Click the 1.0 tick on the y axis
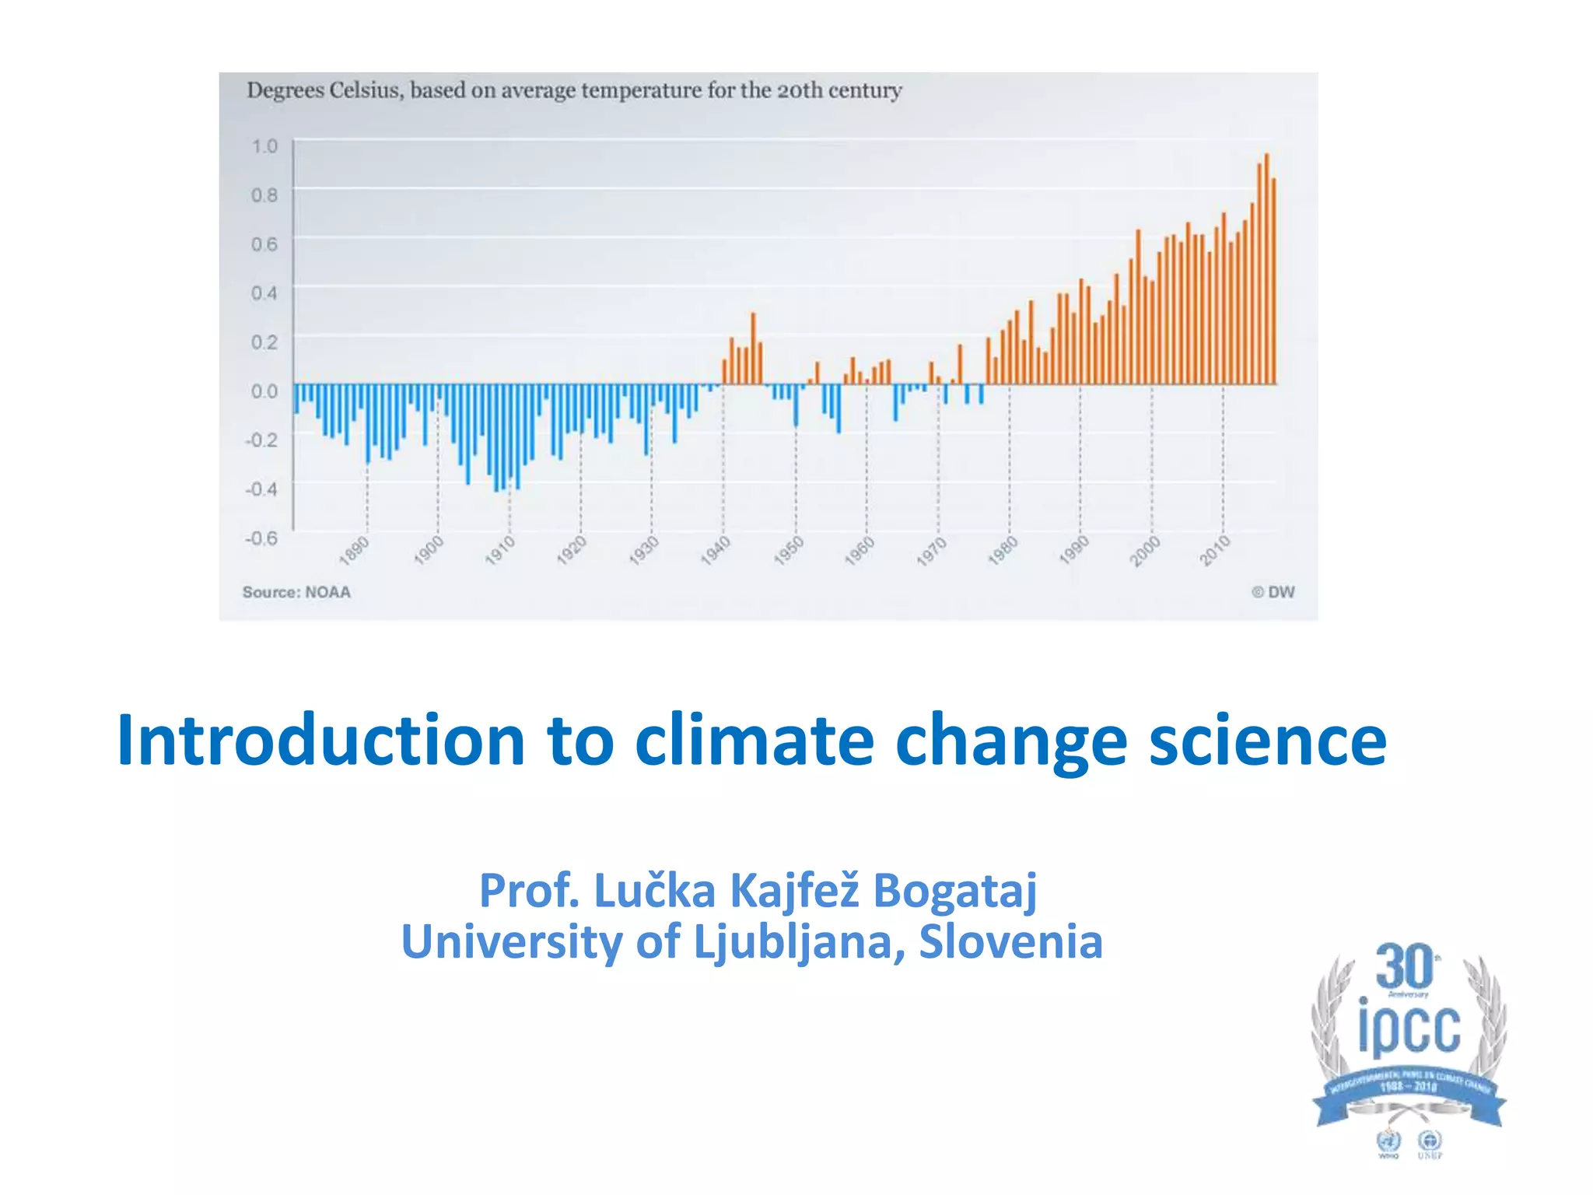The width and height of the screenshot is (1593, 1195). (x=264, y=146)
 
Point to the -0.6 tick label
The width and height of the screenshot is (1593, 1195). (x=261, y=538)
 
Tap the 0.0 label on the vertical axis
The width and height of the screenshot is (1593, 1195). (x=264, y=391)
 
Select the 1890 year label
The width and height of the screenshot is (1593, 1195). (x=355, y=549)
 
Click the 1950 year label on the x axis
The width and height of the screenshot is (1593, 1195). (x=788, y=550)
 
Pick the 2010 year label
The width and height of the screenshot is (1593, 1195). (x=1215, y=550)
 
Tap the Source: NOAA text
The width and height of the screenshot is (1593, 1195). (x=296, y=592)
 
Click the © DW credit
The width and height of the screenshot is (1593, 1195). (x=1273, y=592)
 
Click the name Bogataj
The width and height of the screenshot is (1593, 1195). (x=955, y=891)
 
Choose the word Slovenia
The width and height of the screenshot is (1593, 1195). (x=1010, y=942)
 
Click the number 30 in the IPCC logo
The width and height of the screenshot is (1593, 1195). (x=1404, y=967)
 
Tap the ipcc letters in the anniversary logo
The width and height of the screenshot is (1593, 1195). (x=1409, y=1029)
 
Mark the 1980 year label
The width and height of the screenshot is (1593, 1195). (x=1003, y=550)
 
